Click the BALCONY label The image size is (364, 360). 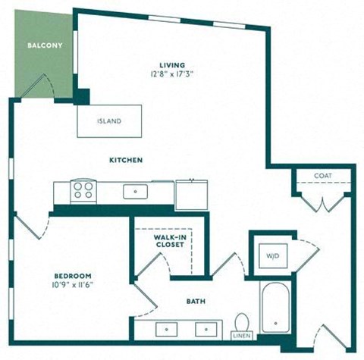point(45,45)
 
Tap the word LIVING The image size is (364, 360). point(172,65)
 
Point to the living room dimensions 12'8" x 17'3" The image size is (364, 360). point(172,74)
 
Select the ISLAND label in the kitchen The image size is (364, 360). point(109,121)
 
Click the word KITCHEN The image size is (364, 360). point(126,160)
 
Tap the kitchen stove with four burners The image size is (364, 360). point(83,191)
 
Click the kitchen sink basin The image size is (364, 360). point(135,191)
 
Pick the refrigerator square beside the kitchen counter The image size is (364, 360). point(192,195)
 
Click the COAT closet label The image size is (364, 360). point(323,176)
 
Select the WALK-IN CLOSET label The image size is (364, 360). point(170,241)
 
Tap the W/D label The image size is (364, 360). point(273,256)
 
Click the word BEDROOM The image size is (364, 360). point(73,276)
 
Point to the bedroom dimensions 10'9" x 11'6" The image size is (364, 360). point(73,285)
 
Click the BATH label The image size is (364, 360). point(196,301)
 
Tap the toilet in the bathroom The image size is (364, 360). point(242,322)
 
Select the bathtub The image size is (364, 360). point(275,308)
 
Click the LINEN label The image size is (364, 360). point(242,336)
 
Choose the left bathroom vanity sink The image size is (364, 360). point(166,330)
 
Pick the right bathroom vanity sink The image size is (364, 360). point(206,330)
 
